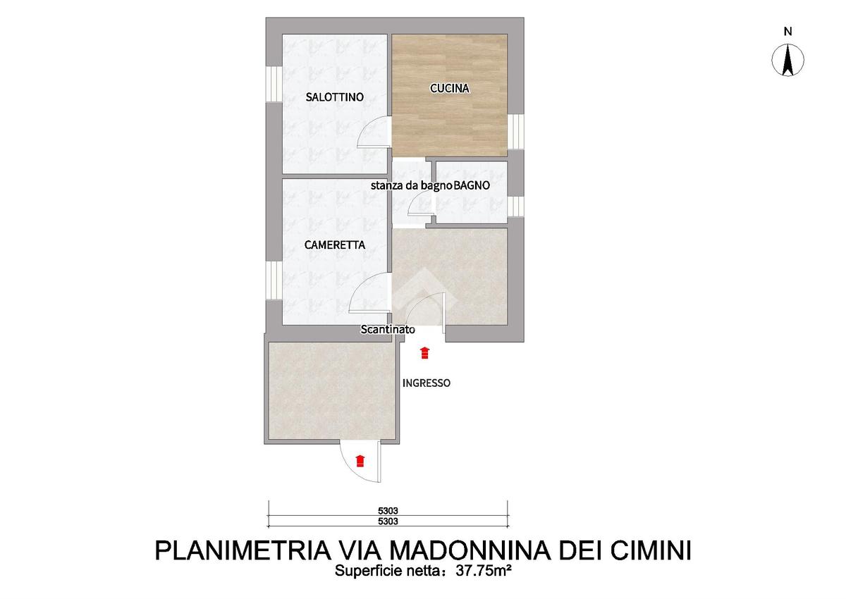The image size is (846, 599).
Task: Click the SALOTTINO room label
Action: click(x=335, y=97)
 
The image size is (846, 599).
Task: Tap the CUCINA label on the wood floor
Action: click(x=450, y=88)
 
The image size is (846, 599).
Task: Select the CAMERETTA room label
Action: click(x=335, y=245)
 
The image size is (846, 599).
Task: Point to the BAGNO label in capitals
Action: click(x=472, y=185)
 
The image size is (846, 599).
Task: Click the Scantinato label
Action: click(x=388, y=330)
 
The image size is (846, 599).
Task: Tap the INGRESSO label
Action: click(x=426, y=383)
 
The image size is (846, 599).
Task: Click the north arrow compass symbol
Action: click(x=787, y=60)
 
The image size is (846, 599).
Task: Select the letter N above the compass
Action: click(x=787, y=32)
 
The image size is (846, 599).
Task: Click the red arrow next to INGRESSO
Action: click(x=424, y=352)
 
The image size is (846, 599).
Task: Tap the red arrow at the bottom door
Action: click(x=360, y=461)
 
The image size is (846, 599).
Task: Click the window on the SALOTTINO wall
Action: click(x=274, y=84)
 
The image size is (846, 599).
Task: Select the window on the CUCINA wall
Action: click(x=515, y=132)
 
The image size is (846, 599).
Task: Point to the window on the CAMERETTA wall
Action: click(x=274, y=280)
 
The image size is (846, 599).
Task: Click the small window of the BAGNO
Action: click(x=515, y=207)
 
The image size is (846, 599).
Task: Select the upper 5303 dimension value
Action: click(x=388, y=511)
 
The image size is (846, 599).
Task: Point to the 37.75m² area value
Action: click(x=484, y=571)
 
